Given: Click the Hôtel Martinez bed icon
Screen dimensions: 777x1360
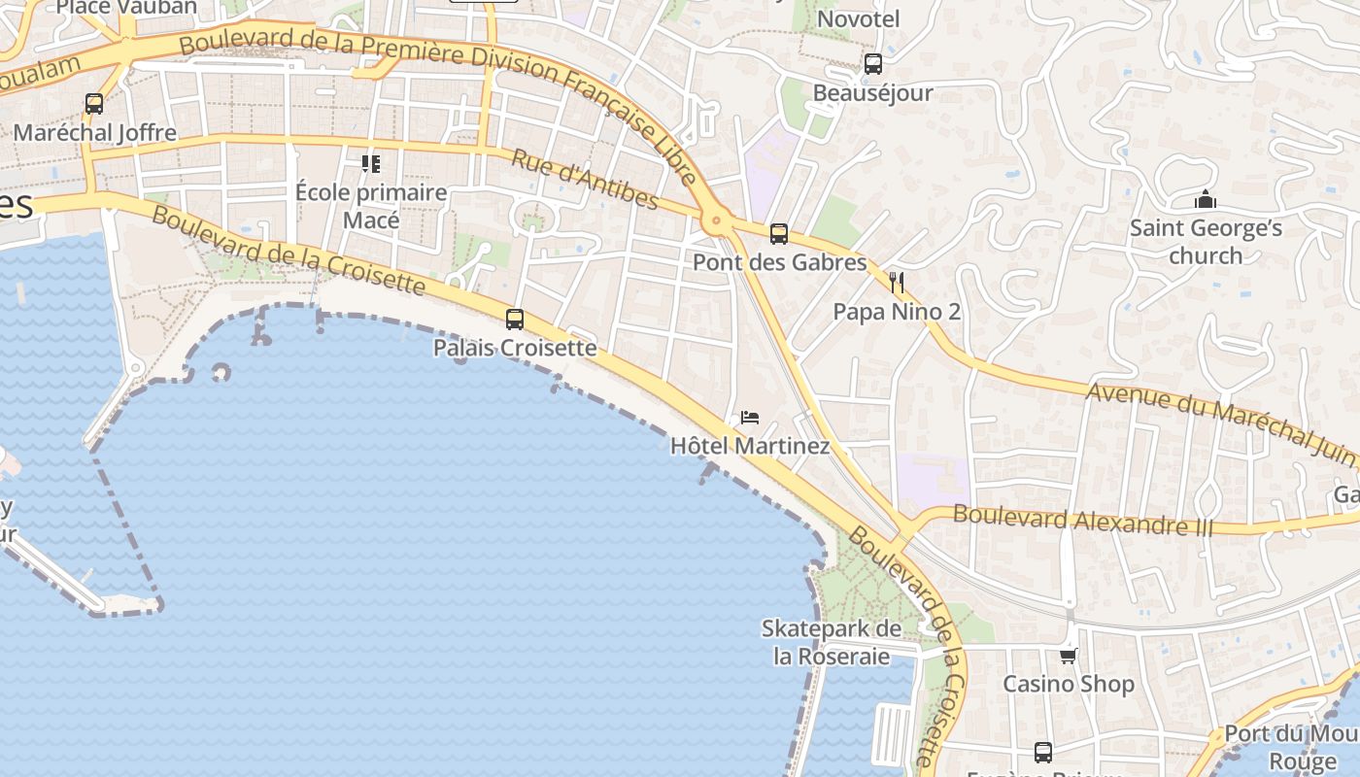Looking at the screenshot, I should [749, 418].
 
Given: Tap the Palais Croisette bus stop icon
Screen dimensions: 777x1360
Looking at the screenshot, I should [515, 319].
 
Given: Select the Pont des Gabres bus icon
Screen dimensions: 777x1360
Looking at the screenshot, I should [778, 233].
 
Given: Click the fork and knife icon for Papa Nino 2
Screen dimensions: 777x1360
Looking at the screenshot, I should [897, 283].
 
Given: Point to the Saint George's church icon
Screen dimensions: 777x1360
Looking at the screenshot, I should [1206, 200].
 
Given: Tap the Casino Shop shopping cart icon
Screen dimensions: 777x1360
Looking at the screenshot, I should [1069, 656].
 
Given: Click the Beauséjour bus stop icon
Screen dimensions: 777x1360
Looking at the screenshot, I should [872, 64].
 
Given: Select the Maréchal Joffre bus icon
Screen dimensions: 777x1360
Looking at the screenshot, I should [94, 104].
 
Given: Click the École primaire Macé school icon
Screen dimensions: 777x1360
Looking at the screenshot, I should [370, 163].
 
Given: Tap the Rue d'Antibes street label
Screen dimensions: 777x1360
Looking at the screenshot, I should [585, 179].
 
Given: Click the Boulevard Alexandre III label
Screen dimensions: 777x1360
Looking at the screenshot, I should [1083, 521].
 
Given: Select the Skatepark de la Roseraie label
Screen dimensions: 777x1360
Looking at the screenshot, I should [831, 642].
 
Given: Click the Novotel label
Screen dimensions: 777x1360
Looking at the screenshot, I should [859, 18].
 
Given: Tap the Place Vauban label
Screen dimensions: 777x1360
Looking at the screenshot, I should [126, 8].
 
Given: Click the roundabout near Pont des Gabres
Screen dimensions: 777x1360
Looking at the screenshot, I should [718, 221].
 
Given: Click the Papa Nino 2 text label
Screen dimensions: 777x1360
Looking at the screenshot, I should [897, 312].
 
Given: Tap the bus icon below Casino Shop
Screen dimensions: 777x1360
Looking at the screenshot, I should [1042, 752].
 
